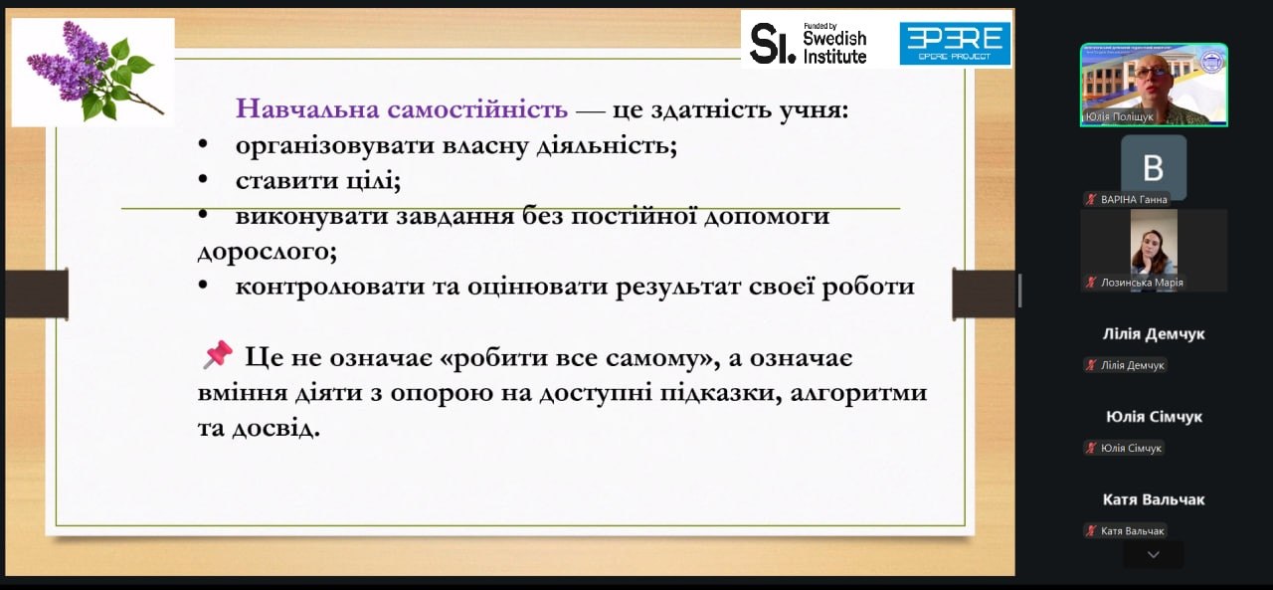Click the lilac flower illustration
93,72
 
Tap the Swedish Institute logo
809,43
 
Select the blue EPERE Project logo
955,43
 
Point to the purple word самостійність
477,108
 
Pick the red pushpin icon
218,354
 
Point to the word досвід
276,428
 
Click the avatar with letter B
1153,167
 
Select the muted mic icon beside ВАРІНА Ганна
1091,200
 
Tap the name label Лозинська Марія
1142,283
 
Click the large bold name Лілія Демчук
1153,333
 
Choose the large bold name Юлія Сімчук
1154,417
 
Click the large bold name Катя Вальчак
1153,499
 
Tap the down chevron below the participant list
1153,555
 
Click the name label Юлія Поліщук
1119,116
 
